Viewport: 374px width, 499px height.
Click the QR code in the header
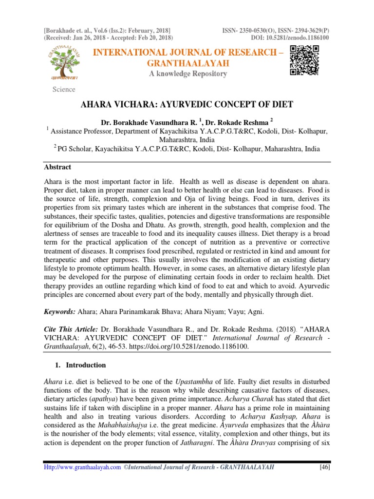coord(304,60)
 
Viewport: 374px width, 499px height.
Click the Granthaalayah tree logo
coord(64,60)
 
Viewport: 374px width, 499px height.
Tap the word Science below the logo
coord(64,89)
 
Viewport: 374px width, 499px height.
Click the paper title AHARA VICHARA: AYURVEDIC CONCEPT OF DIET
coord(186,105)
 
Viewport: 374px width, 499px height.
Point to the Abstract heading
coord(57,167)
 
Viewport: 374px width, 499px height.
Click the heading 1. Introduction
coord(82,365)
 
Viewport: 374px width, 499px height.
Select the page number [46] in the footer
coord(324,467)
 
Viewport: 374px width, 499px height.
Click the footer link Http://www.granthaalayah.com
coord(82,467)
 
